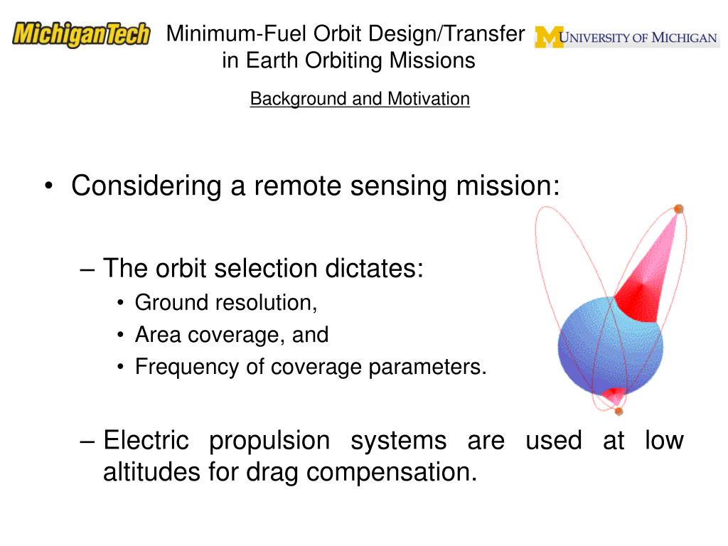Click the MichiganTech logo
coord(81,34)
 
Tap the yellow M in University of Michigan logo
coord(548,37)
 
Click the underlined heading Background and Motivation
coord(360,98)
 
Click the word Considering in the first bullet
coord(146,186)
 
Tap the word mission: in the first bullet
coord(508,186)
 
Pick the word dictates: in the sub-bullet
coord(374,268)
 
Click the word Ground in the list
coord(171,303)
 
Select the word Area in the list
coord(157,334)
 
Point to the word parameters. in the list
coord(427,367)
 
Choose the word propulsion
coord(269,441)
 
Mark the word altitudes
coord(152,472)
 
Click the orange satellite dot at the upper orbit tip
coord(678,209)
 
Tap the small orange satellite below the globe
coord(619,411)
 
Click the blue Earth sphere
coord(610,347)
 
